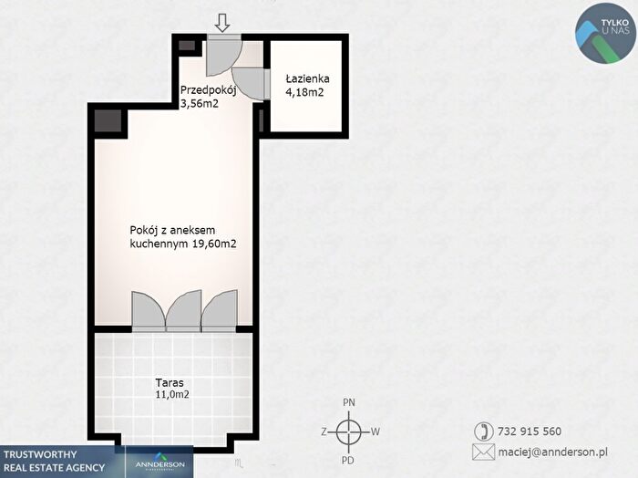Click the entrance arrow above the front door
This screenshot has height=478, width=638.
tap(222, 23)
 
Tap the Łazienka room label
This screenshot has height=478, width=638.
tap(308, 78)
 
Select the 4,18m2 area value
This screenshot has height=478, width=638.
tap(304, 92)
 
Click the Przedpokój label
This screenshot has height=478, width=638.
tap(209, 90)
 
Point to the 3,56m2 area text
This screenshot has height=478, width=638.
tap(200, 103)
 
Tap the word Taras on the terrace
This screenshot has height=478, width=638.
tap(170, 383)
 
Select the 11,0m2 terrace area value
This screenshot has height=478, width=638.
tap(172, 394)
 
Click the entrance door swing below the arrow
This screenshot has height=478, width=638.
tap(223, 57)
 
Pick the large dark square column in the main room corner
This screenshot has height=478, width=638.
tap(108, 121)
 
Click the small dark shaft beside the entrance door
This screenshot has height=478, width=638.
tap(187, 46)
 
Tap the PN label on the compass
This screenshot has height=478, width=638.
tap(349, 402)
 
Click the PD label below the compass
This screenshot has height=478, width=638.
tap(348, 461)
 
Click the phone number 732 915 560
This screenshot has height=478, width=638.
tap(530, 431)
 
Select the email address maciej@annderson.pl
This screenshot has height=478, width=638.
tap(553, 452)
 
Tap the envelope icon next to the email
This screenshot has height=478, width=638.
tap(484, 452)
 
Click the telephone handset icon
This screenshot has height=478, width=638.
tap(484, 431)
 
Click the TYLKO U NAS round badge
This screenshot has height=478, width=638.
tap(606, 34)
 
